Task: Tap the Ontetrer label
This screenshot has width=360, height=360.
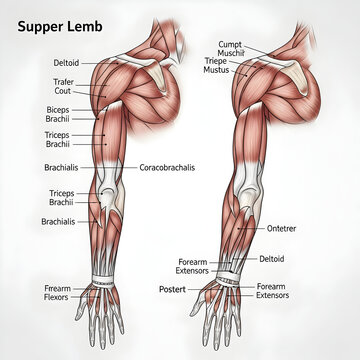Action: [x=282, y=228]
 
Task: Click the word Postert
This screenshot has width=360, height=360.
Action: [x=173, y=289]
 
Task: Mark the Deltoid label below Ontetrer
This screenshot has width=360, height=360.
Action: [x=272, y=258]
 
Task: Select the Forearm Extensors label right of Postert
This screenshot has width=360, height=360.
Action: [x=272, y=291]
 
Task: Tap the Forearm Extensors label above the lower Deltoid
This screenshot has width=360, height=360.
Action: [x=194, y=266]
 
